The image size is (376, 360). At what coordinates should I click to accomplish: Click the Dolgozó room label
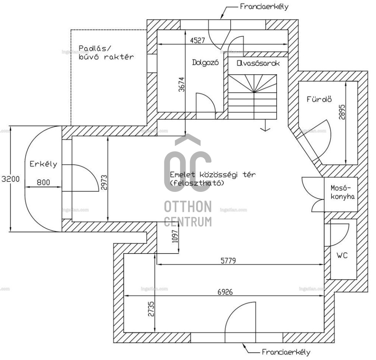tap(205, 63)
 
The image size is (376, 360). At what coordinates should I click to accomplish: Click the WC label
tap(342, 255)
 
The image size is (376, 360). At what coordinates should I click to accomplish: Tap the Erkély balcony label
tap(43, 164)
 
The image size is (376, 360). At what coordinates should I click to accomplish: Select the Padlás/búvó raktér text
tap(106, 52)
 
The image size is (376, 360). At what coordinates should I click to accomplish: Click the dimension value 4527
tap(197, 39)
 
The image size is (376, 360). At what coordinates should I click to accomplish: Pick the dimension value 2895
tap(342, 113)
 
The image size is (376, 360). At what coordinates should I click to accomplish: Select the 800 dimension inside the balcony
tap(43, 183)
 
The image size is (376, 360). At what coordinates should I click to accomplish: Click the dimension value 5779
tap(228, 261)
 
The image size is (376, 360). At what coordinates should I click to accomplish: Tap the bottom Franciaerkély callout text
tap(286, 352)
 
